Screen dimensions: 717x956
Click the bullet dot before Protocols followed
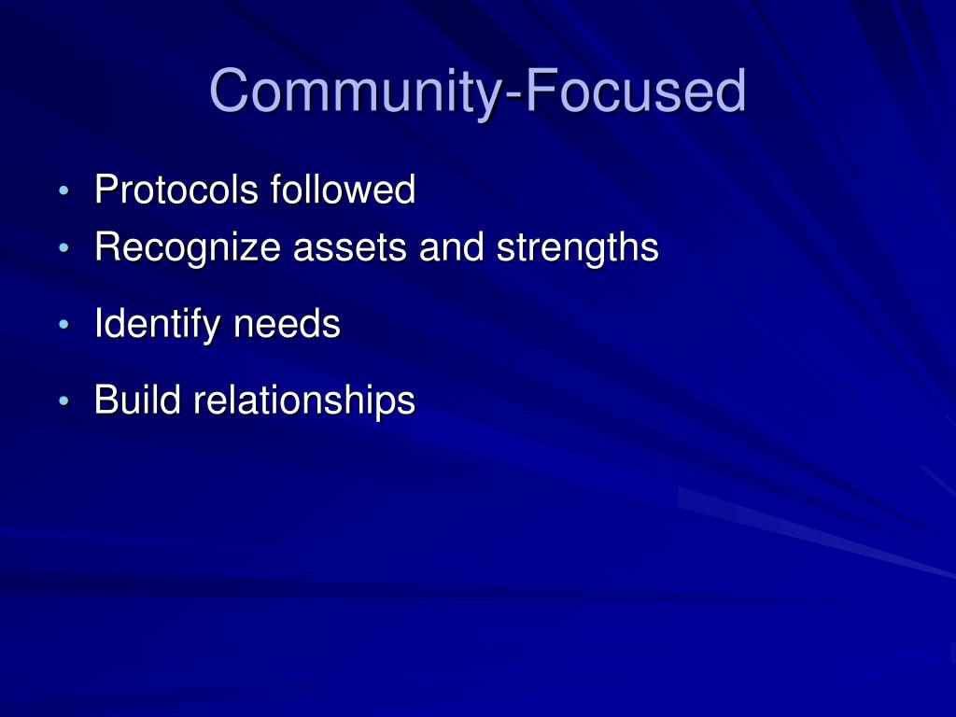pos(63,192)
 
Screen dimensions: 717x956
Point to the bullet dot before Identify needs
pos(63,326)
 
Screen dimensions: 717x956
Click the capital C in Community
pos(232,91)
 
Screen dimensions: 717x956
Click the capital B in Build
pos(106,401)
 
